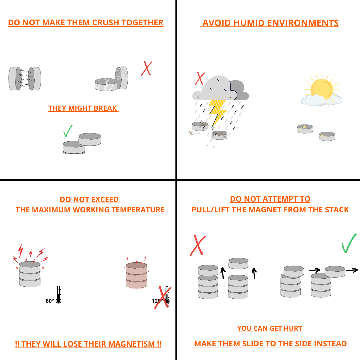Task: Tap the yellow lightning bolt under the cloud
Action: point(217,111)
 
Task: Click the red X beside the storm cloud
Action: point(200,79)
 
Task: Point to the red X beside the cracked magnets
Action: point(147,68)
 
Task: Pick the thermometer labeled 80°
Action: point(59,295)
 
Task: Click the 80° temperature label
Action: point(50,301)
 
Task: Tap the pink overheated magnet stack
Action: point(136,275)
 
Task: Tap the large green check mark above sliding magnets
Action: point(349,243)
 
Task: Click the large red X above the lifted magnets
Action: point(198,245)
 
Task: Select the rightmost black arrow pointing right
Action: point(352,270)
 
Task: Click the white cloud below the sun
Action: point(321,100)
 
